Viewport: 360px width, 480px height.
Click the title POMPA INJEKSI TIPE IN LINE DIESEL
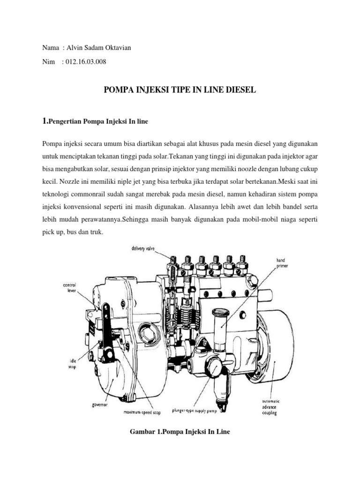180,90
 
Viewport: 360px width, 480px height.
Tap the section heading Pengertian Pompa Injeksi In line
98,121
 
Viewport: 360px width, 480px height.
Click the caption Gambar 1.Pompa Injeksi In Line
180,431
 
